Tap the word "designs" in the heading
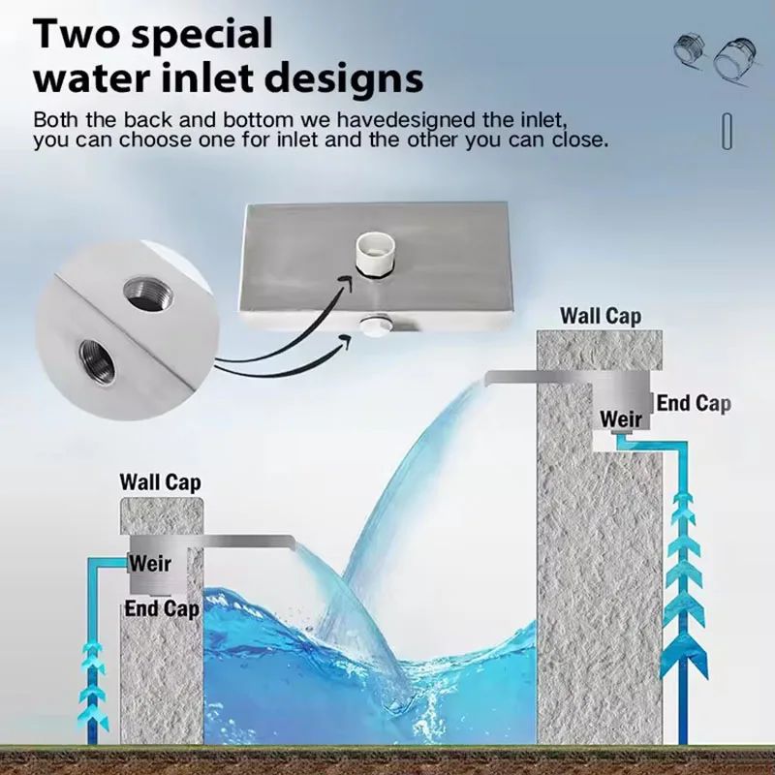[346, 79]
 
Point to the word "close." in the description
[580, 139]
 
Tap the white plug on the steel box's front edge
[375, 327]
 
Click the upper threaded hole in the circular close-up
[148, 295]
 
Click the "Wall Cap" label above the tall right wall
[601, 317]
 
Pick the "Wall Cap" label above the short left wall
[160, 482]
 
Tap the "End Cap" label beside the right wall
[694, 404]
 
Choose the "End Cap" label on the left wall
[162, 608]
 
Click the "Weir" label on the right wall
[621, 419]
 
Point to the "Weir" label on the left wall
[150, 564]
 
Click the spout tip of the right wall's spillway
[487, 378]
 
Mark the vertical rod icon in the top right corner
[727, 131]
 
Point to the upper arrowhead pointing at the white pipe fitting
[346, 284]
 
